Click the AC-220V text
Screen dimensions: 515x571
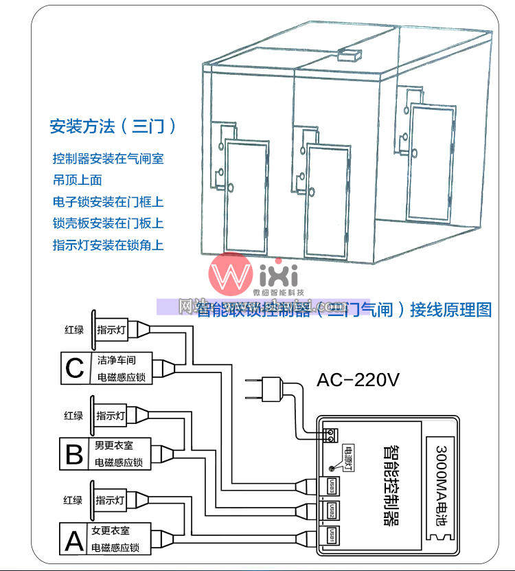[358, 380]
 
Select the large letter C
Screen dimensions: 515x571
[74, 368]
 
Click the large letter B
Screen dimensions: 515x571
[74, 454]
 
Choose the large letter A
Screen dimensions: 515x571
[73, 539]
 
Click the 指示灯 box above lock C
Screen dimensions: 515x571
[111, 330]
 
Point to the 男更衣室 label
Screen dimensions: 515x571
[113, 446]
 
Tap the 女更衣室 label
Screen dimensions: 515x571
[113, 531]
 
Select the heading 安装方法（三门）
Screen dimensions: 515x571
[113, 126]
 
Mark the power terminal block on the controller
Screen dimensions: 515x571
[330, 434]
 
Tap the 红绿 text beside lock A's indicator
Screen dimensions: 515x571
[73, 501]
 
